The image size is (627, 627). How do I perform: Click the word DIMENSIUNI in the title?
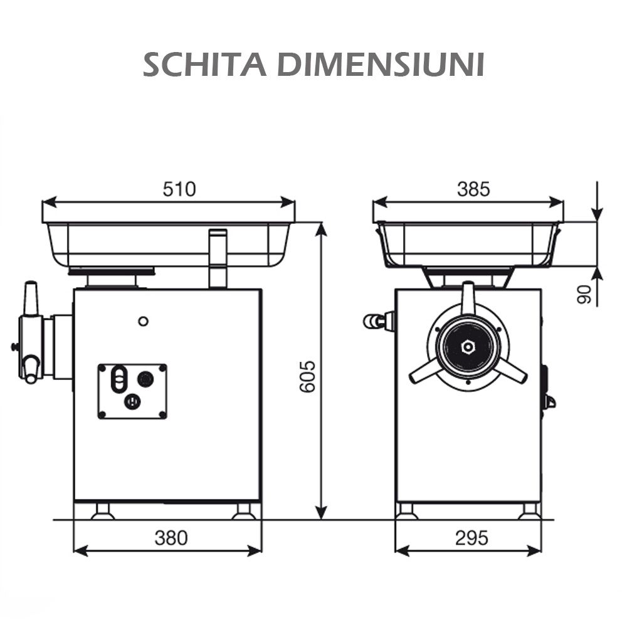click(381, 65)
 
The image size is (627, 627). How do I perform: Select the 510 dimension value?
click(179, 189)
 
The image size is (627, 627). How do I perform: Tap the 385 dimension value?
click(473, 189)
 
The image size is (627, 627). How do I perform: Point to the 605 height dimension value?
click(307, 376)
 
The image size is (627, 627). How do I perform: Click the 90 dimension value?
click(584, 293)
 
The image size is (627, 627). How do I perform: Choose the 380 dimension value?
click(171, 537)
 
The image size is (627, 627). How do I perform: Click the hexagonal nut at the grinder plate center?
click(468, 347)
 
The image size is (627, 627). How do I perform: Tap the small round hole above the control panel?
click(143, 321)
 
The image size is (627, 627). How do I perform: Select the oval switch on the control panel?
click(118, 380)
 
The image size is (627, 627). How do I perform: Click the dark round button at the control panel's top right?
click(145, 379)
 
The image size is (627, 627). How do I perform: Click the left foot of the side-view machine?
click(102, 512)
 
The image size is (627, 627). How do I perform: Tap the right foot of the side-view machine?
click(243, 512)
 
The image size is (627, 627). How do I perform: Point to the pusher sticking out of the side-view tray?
click(218, 257)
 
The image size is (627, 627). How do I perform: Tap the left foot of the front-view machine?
click(406, 511)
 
